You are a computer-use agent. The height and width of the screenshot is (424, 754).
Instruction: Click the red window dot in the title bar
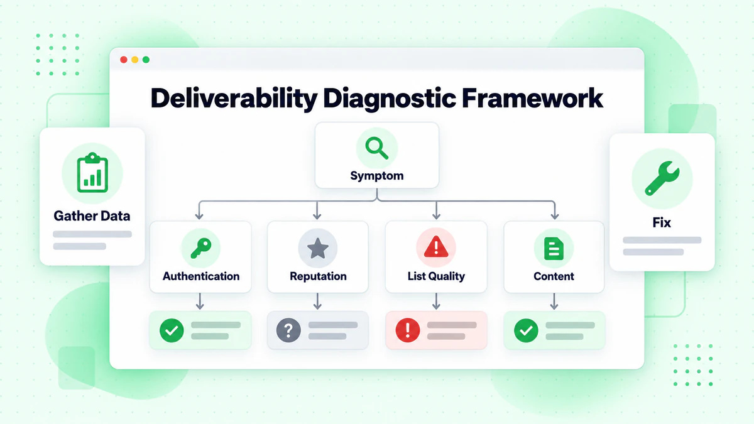[x=124, y=60]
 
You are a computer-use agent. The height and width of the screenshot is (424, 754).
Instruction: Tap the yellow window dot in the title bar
[x=134, y=60]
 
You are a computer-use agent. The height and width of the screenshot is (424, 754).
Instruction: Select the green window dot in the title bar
[x=146, y=60]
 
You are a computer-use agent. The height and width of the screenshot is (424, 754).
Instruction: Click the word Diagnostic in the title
[x=389, y=99]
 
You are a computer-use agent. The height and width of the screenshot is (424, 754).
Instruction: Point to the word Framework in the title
[x=532, y=98]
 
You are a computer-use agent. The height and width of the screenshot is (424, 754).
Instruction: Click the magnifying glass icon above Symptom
[x=376, y=148]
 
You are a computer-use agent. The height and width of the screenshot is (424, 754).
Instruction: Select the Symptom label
[x=376, y=176]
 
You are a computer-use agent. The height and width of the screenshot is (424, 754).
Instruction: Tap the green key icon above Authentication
[x=201, y=248]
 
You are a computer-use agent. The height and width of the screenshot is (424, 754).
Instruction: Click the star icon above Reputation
[x=318, y=248]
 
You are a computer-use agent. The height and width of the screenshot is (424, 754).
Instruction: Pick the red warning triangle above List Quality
[x=436, y=247]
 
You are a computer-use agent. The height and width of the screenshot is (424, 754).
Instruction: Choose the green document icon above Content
[x=554, y=249]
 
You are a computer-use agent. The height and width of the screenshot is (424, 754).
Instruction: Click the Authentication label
[x=201, y=276]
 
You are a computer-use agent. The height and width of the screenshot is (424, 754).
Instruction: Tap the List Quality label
[x=436, y=276]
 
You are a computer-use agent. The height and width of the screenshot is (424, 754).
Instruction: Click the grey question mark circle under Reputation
[x=288, y=330]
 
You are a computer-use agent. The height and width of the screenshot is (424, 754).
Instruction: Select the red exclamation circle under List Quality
[x=408, y=330]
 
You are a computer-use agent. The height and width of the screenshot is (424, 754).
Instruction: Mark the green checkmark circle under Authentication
[x=172, y=330]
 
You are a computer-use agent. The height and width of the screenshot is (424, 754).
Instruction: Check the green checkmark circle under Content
[x=526, y=330]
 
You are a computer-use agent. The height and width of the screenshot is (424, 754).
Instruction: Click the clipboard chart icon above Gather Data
[x=92, y=172]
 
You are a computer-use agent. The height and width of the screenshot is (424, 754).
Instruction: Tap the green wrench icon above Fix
[x=662, y=178]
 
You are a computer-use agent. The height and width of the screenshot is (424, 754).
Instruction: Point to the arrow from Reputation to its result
[x=317, y=301]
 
